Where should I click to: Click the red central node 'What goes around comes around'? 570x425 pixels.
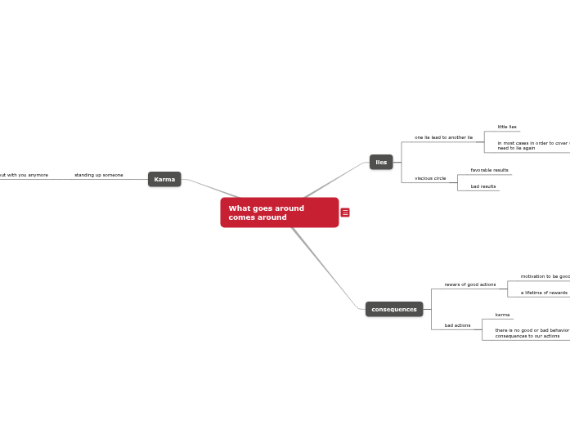(279, 212)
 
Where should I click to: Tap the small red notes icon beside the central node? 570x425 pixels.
(345, 212)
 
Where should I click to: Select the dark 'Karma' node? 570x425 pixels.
(164, 179)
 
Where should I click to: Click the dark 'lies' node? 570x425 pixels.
(381, 162)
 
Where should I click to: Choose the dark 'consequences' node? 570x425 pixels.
(394, 309)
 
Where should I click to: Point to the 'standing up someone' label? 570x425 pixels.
(99, 175)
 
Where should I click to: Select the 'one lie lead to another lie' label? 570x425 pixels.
(443, 137)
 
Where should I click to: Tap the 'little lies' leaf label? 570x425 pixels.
(507, 127)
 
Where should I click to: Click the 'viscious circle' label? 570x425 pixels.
(430, 178)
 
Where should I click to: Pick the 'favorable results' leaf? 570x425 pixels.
(489, 170)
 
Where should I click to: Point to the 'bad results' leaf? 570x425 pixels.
(483, 186)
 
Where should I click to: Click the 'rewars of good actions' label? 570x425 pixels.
(470, 284)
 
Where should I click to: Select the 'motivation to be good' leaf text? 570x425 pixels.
(545, 276)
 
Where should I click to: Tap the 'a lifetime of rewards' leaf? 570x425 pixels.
(544, 293)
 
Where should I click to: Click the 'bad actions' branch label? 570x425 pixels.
(457, 325)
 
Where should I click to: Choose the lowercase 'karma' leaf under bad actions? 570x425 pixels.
(502, 315)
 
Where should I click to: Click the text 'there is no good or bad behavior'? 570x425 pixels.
(532, 330)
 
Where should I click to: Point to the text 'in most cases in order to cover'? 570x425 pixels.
(532, 143)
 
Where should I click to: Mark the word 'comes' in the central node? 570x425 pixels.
(241, 217)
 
